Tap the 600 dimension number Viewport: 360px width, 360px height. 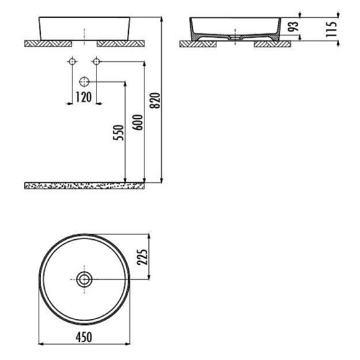click(138, 122)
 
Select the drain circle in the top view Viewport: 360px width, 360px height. click(84, 279)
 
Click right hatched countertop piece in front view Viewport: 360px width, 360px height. click(121, 43)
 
